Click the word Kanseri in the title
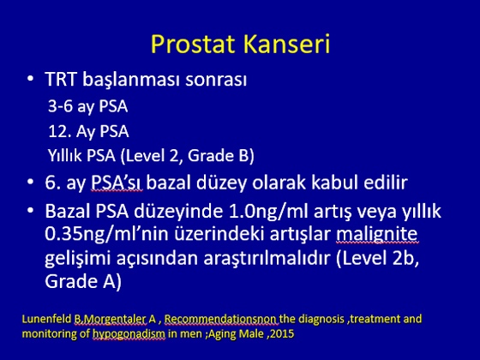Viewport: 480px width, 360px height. (287, 44)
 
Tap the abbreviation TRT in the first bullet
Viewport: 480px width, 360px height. (60, 79)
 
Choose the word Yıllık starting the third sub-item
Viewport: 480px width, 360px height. (65, 155)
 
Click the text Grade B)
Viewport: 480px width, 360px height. (221, 155)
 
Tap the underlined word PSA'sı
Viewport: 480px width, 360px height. (117, 183)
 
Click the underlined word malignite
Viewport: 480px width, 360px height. (377, 235)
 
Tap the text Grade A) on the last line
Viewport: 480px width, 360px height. (83, 281)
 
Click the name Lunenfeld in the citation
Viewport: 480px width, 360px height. (46, 319)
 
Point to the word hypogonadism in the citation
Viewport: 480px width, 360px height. (129, 333)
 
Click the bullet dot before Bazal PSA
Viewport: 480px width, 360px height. (30, 211)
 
